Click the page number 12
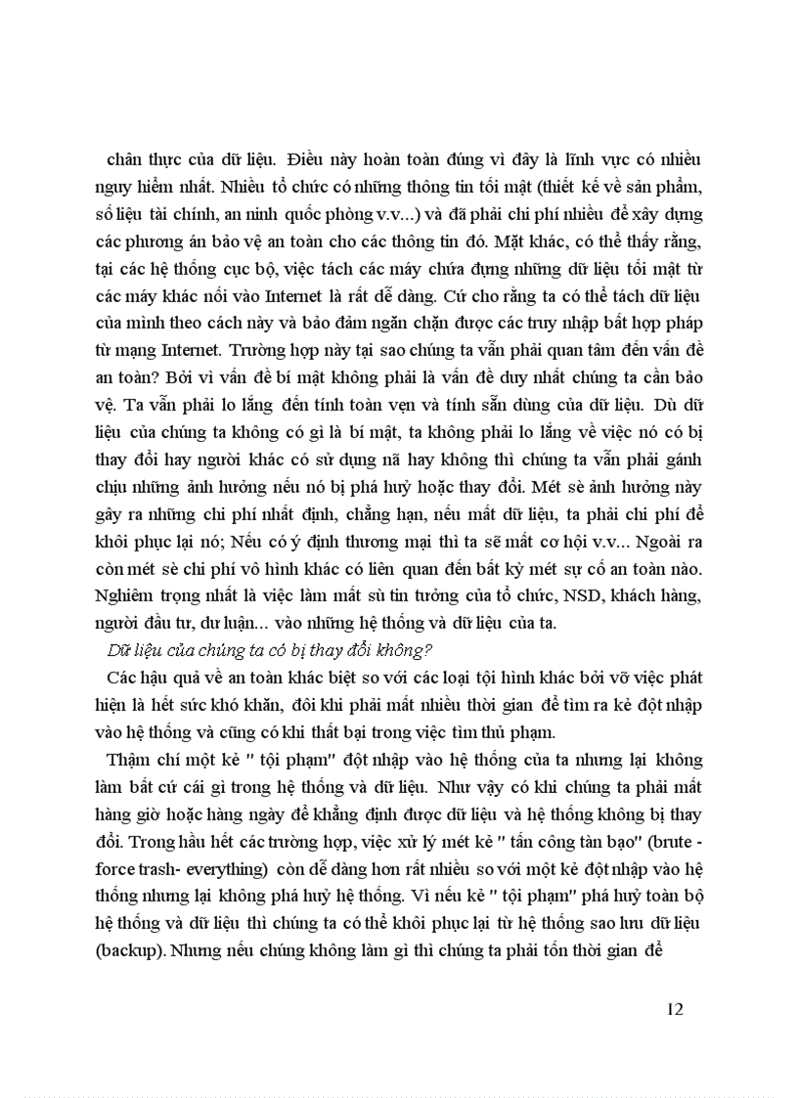673,1009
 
